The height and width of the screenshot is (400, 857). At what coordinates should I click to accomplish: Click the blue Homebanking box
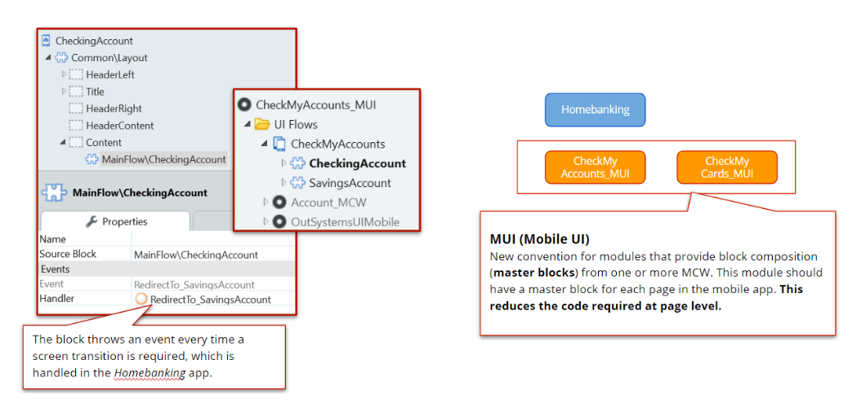click(595, 110)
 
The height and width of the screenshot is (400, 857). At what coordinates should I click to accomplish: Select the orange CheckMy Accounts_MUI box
click(595, 167)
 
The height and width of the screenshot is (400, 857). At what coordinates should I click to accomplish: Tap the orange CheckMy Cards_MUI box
click(726, 167)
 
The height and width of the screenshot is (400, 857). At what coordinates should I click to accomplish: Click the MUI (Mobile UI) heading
click(539, 239)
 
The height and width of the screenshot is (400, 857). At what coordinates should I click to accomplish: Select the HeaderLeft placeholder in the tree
click(110, 75)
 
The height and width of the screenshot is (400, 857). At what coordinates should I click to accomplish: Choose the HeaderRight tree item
click(114, 109)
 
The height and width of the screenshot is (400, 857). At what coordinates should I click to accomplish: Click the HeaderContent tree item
click(119, 126)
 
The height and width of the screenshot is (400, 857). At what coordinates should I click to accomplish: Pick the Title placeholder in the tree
click(95, 91)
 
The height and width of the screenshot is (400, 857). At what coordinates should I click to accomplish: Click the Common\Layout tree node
click(109, 58)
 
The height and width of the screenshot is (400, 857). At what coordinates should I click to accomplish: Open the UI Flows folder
click(296, 125)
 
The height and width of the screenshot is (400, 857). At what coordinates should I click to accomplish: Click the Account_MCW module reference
click(324, 202)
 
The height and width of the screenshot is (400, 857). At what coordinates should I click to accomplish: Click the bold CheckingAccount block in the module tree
click(357, 163)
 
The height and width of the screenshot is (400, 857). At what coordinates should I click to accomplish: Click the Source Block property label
click(68, 255)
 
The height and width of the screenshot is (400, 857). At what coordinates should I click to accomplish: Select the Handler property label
click(56, 299)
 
